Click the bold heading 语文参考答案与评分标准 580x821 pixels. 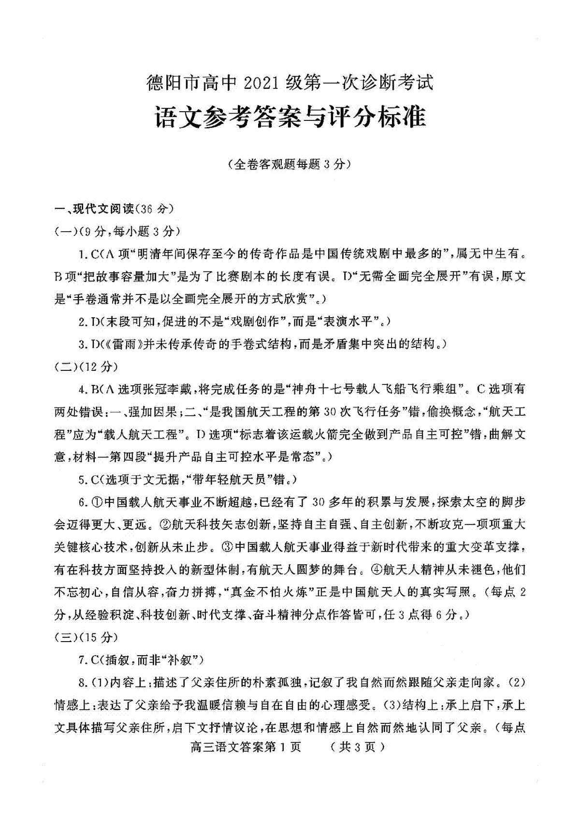(x=290, y=117)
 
